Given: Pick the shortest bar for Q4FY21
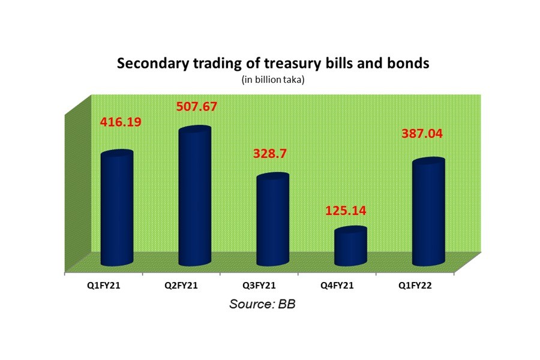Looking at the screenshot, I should pos(350,247).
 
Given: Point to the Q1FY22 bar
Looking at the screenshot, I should pos(428,212).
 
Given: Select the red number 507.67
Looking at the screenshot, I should pos(196,107).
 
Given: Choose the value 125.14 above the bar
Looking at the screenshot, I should pos(346,211).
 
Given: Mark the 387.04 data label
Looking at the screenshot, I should pos(422,134).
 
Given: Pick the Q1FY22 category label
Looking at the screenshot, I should pos(414,286).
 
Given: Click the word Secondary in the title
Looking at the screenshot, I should pos(147,64).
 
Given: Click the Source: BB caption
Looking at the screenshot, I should pos(262,304).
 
